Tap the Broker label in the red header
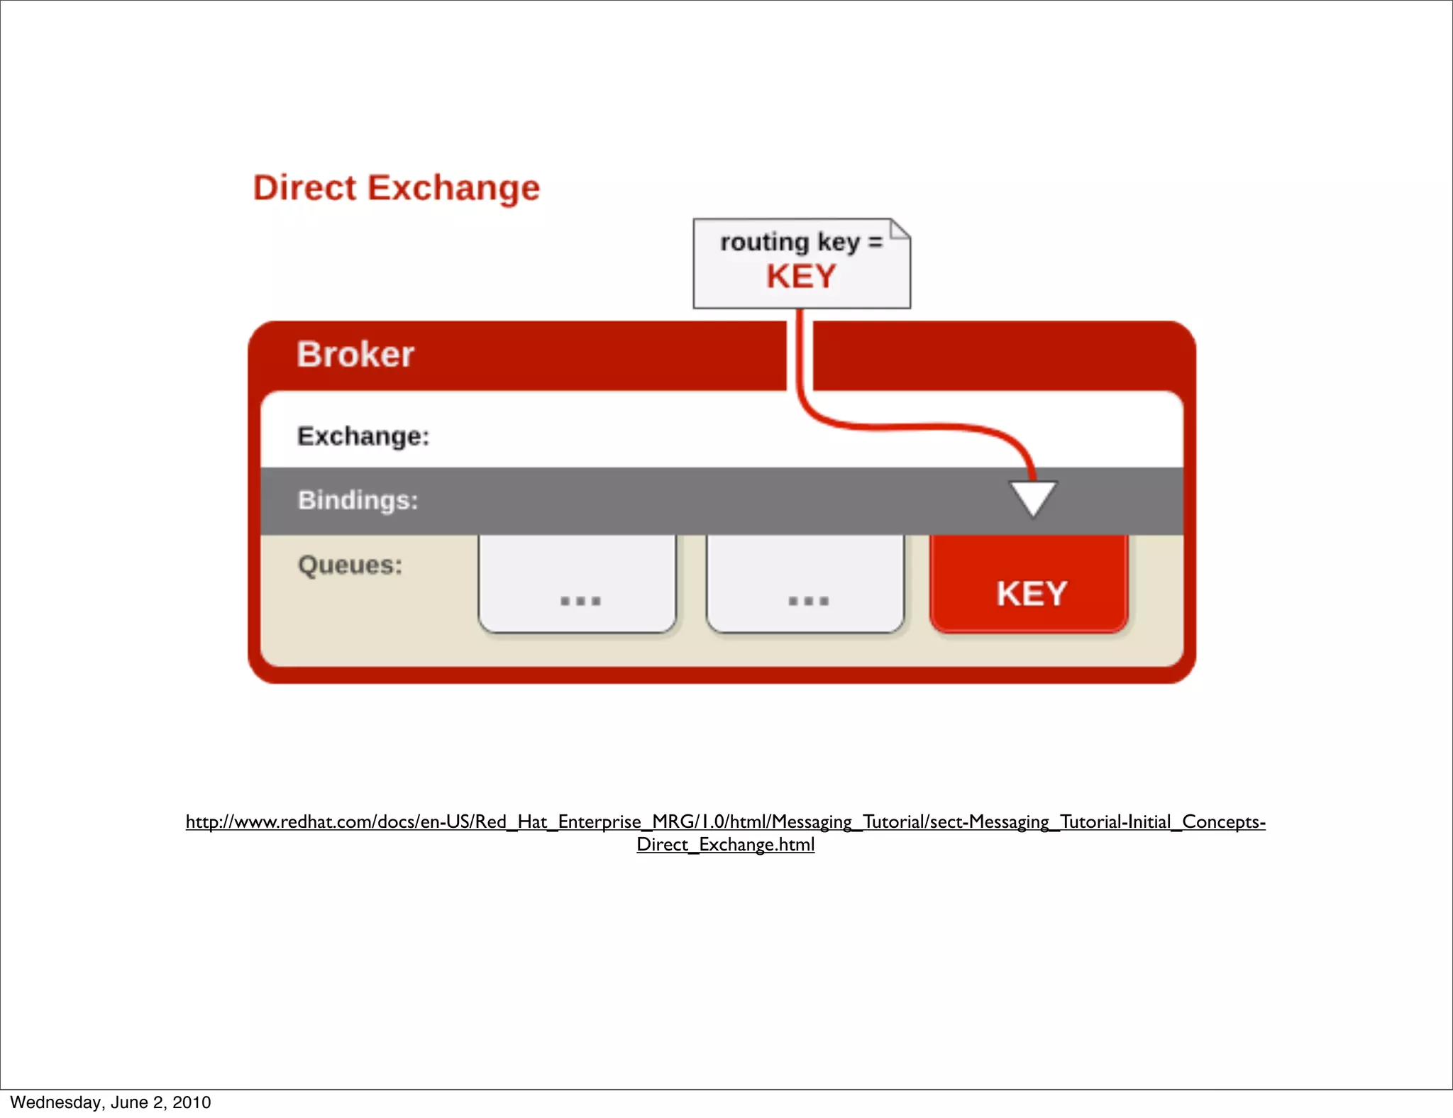[355, 354]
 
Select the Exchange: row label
[363, 436]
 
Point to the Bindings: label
[358, 500]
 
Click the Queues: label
[350, 565]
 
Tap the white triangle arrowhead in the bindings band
[1033, 497]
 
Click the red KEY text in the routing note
[801, 276]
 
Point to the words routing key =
[801, 242]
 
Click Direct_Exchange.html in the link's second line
[725, 844]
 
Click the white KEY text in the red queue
[1032, 594]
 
